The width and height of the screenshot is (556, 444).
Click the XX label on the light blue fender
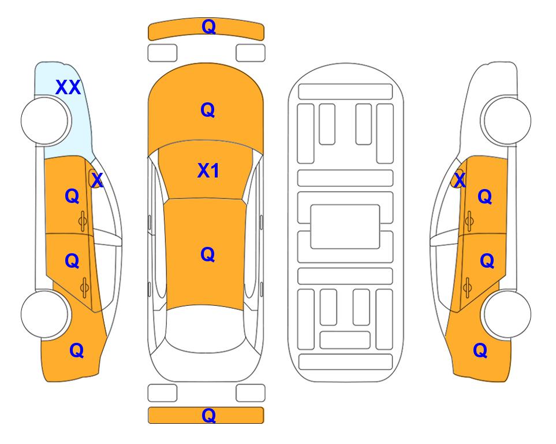[68, 87]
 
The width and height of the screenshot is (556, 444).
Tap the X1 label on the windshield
[208, 171]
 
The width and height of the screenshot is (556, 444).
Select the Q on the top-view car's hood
[208, 110]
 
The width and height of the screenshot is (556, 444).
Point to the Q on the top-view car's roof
[208, 254]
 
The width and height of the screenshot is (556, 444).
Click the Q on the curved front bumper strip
[208, 27]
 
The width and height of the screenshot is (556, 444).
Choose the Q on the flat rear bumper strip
[208, 415]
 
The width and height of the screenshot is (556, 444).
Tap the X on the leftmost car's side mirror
[97, 180]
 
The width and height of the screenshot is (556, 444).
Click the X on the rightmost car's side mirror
[460, 180]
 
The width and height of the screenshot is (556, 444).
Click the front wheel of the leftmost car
[45, 121]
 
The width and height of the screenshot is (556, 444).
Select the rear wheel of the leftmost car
[45, 314]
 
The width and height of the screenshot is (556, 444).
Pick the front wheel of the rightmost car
[507, 120]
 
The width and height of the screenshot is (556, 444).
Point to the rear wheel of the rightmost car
[507, 314]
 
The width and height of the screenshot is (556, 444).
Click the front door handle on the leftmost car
[83, 221]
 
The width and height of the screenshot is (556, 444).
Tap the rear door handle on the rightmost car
[468, 288]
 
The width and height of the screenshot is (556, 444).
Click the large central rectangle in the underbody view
[345, 227]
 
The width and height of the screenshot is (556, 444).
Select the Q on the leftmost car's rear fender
[77, 350]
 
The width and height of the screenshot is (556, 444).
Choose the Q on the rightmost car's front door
[485, 197]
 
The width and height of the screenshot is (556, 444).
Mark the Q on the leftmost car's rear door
[72, 261]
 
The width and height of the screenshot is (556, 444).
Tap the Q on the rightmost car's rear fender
[480, 350]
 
